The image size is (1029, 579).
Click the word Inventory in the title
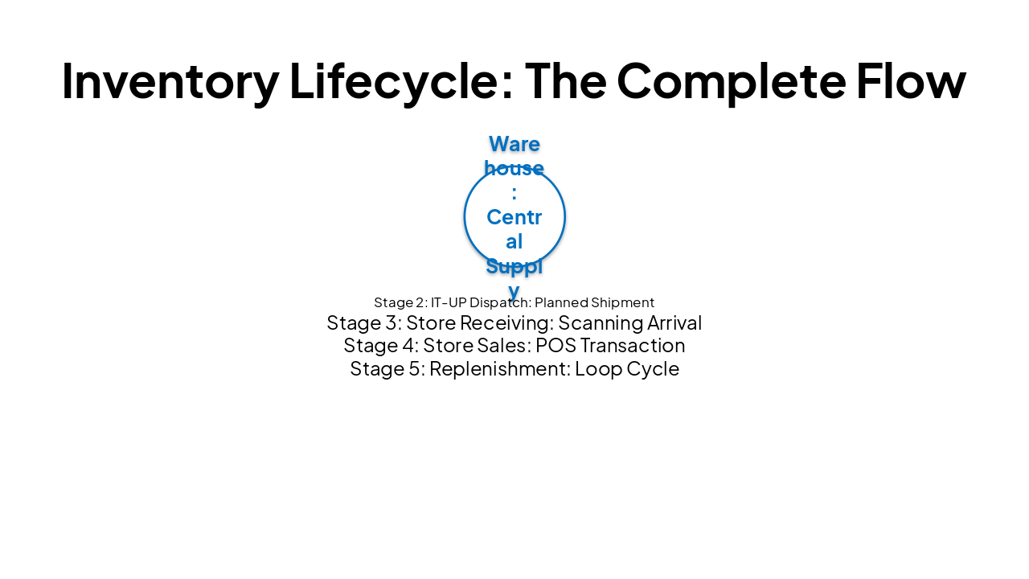(170, 81)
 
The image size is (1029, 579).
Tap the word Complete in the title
(731, 81)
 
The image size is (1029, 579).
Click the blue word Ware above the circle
(514, 144)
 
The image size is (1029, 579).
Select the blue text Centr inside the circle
(514, 217)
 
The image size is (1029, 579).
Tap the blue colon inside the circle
(514, 194)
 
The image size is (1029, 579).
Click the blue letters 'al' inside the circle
(514, 241)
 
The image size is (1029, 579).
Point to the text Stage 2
(400, 302)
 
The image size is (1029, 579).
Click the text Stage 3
(363, 323)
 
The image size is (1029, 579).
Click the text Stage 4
(379, 346)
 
